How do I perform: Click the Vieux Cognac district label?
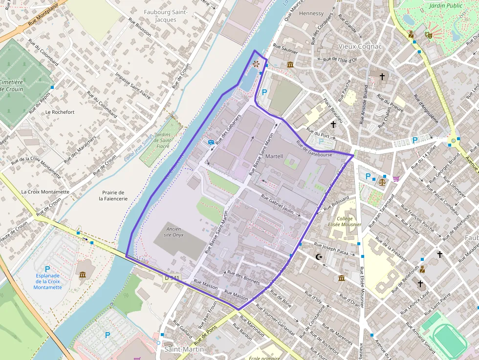(360, 46)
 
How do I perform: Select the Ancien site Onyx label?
(174, 232)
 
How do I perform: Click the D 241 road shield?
(172, 277)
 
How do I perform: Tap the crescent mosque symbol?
(319, 256)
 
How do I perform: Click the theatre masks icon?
(429, 35)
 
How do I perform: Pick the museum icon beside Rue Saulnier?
(290, 65)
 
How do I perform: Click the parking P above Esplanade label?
(47, 269)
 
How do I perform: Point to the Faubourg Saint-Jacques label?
(159, 16)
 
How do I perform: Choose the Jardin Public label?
(445, 6)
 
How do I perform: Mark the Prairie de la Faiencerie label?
(113, 195)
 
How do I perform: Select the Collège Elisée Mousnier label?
(348, 221)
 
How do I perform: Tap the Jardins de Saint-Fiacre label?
(162, 140)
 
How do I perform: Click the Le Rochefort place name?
(60, 112)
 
